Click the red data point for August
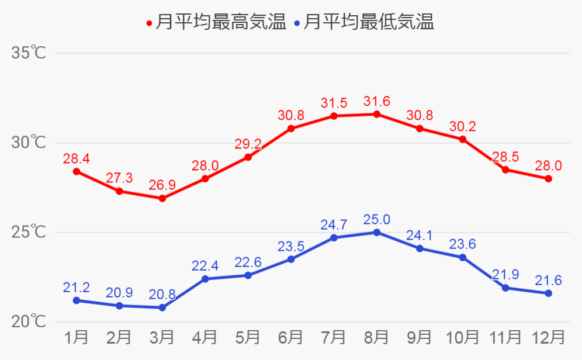coord(377,114)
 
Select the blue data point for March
coord(162,307)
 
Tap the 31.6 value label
coord(377,101)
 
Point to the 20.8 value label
coord(162,295)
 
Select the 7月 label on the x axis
coord(334,338)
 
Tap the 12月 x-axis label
coord(549,338)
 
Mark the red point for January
coord(77,171)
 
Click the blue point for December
coord(549,293)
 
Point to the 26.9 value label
coord(162,186)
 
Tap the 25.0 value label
coord(377,220)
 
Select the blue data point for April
coord(205,279)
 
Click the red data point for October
coord(463,139)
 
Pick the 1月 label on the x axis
coord(77,338)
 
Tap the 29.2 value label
coord(248,144)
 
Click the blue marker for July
coord(334,238)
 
